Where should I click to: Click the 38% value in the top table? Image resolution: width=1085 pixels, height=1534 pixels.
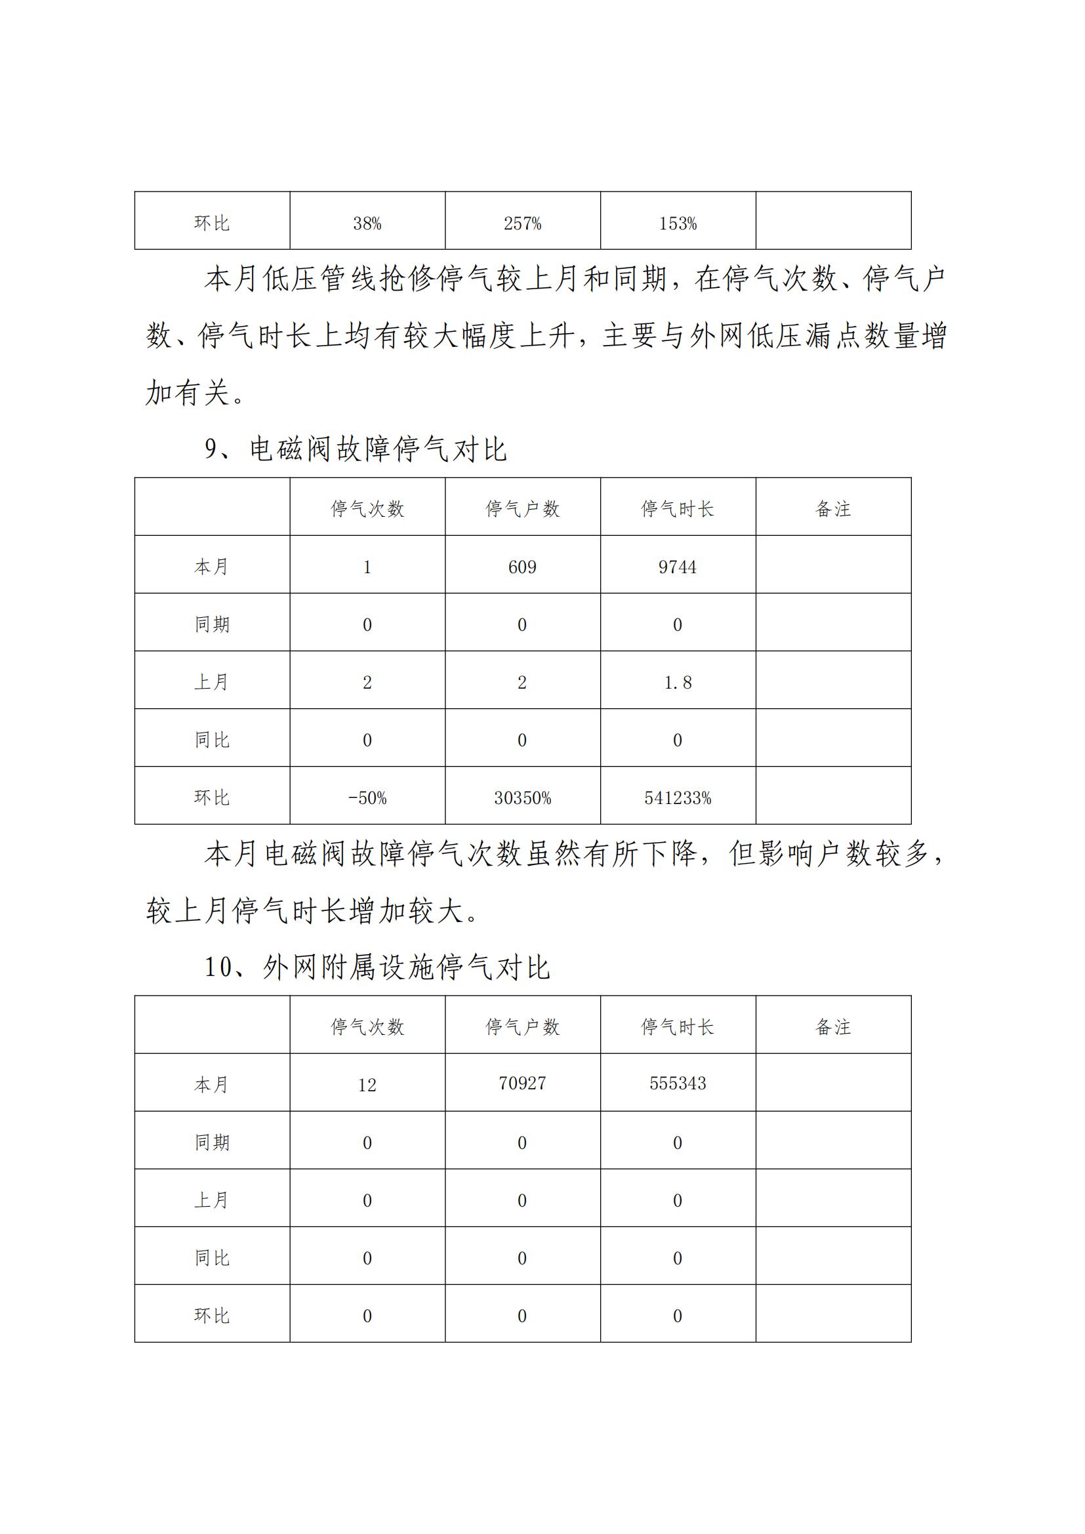[367, 224]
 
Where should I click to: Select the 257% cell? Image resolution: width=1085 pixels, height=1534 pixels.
[522, 224]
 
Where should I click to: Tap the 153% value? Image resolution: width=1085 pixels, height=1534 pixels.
[678, 224]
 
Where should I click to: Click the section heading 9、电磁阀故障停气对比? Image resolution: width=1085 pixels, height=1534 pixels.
[356, 450]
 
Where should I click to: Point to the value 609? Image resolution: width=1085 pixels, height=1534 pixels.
[522, 567]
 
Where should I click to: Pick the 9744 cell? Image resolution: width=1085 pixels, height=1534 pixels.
[678, 567]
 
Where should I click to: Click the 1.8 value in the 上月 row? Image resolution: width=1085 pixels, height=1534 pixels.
[678, 682]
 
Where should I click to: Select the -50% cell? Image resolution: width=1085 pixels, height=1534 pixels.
[367, 797]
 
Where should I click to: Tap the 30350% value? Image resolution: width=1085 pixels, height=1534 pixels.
[522, 797]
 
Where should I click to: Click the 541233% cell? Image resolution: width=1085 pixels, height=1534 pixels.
[678, 797]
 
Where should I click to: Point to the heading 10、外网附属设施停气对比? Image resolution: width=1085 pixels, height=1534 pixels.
[377, 968]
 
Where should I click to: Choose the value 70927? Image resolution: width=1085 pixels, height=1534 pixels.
[522, 1083]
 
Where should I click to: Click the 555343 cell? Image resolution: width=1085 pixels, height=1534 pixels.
[678, 1083]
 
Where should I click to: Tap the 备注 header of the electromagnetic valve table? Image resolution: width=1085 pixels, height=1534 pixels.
[833, 509]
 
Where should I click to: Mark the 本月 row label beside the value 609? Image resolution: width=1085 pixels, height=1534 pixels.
[212, 567]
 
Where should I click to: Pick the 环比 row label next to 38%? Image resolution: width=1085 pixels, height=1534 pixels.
[212, 223]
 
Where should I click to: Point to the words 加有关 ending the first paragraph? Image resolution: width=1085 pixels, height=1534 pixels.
[188, 393]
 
